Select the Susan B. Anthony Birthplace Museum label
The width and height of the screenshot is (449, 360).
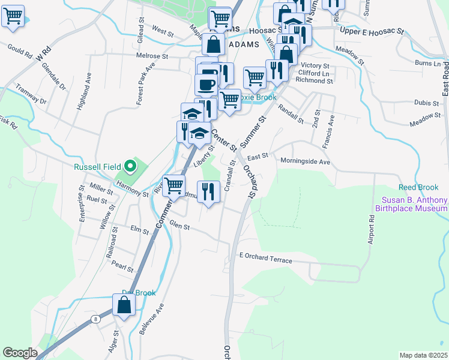point(411,204)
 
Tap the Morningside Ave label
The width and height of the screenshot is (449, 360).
point(306,161)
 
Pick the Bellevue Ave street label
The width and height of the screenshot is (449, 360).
point(152,319)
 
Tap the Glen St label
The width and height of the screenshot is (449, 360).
point(179,226)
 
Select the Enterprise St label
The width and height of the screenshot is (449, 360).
point(82,203)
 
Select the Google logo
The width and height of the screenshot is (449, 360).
point(20,353)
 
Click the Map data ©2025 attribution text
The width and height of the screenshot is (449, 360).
point(423,355)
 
